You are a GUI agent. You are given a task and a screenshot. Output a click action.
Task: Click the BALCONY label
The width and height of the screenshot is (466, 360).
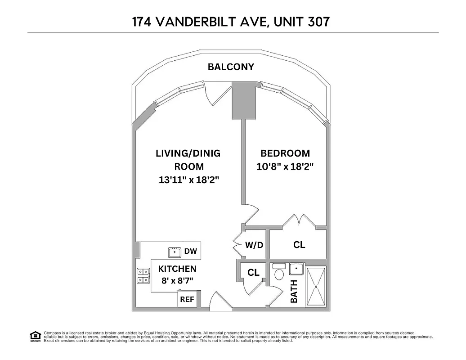click(x=231, y=67)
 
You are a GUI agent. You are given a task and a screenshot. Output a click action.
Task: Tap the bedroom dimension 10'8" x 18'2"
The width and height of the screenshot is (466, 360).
click(x=285, y=166)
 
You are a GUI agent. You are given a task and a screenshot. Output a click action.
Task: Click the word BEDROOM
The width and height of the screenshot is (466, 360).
click(x=285, y=153)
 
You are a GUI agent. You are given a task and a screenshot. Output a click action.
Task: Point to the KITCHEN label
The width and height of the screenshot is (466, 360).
click(x=177, y=269)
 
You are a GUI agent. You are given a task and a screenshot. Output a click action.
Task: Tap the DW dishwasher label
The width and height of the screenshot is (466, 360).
click(x=190, y=252)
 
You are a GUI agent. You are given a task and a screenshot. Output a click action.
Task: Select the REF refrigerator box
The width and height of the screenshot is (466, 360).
click(x=187, y=299)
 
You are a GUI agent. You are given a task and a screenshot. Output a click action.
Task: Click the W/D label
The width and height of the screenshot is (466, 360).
click(x=254, y=245)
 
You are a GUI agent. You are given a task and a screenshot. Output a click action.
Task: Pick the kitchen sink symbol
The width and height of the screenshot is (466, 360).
click(x=175, y=252)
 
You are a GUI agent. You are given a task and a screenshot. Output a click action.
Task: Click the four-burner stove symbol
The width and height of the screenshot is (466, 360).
click(x=143, y=276)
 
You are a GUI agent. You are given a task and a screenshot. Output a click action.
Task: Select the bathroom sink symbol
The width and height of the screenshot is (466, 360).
click(x=296, y=269)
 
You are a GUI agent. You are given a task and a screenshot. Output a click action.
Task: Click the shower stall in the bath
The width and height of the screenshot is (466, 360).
click(x=316, y=286)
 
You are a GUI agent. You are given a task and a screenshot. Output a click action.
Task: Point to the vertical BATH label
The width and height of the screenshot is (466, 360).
click(x=294, y=291)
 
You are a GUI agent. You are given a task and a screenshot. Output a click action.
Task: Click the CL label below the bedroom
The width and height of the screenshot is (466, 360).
click(x=299, y=245)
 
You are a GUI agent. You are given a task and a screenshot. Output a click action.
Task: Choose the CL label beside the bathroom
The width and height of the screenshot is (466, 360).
click(x=253, y=273)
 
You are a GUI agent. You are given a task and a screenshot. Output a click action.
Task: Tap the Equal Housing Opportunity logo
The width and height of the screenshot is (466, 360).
click(x=35, y=336)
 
